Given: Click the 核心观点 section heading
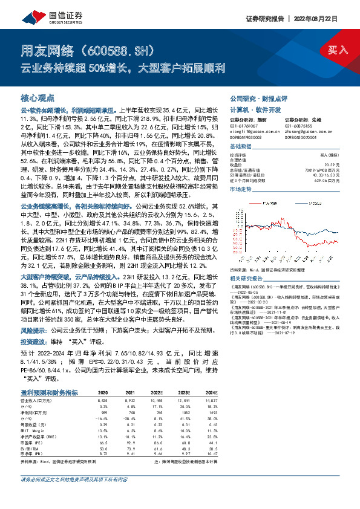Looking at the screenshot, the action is coord(38,97).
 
